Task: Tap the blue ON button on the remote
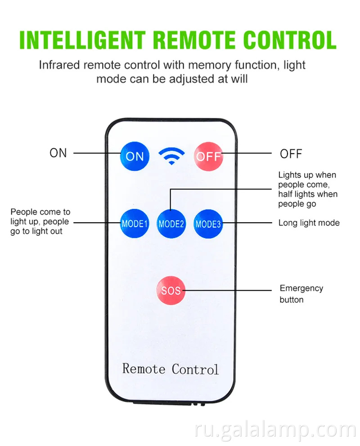pyautogui.click(x=135, y=156)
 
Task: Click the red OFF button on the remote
pyautogui.click(x=208, y=156)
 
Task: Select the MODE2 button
pyautogui.click(x=171, y=224)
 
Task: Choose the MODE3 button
pyautogui.click(x=208, y=224)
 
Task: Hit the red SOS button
pyautogui.click(x=171, y=290)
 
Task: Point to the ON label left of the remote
pyautogui.click(x=58, y=153)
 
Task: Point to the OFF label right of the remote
pyautogui.click(x=291, y=154)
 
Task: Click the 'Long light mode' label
pyautogui.click(x=309, y=223)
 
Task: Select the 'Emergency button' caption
pyautogui.click(x=301, y=294)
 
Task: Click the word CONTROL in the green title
pyautogui.click(x=288, y=41)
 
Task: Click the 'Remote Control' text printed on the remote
pyautogui.click(x=171, y=369)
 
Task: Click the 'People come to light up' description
pyautogui.click(x=40, y=221)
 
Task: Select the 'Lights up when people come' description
pyautogui.click(x=307, y=189)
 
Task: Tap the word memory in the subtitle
pyautogui.click(x=208, y=65)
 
